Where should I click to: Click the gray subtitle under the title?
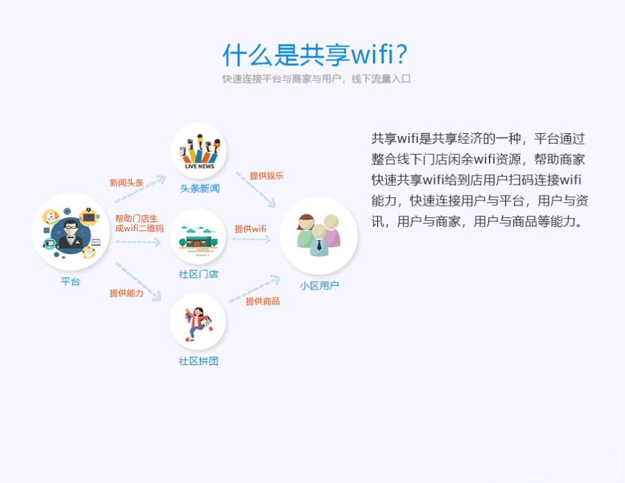(x=316, y=79)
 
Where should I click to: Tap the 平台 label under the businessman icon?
(x=71, y=281)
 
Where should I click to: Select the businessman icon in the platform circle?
(x=71, y=232)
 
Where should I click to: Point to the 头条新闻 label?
(x=199, y=188)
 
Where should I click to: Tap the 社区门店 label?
(x=199, y=274)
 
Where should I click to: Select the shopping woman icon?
(x=198, y=323)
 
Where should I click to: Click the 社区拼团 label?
(x=199, y=361)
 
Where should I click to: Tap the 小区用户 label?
(x=319, y=285)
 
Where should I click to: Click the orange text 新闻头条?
(x=126, y=183)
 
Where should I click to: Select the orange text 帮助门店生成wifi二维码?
(x=139, y=223)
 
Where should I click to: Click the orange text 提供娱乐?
(x=267, y=176)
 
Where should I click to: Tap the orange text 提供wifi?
(x=250, y=228)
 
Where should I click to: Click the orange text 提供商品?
(x=262, y=300)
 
